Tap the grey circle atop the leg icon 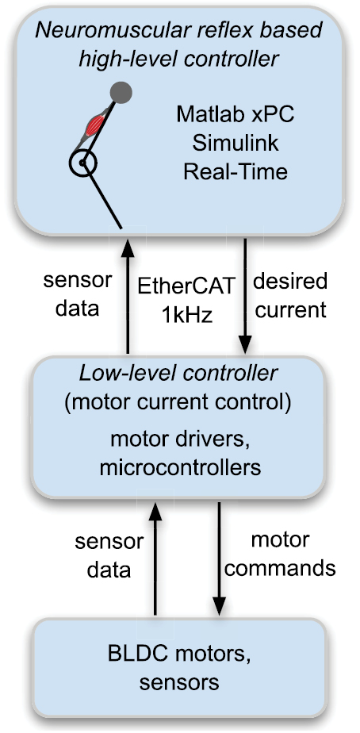(121, 92)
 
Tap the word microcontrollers (180, 469)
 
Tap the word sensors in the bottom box (178, 681)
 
